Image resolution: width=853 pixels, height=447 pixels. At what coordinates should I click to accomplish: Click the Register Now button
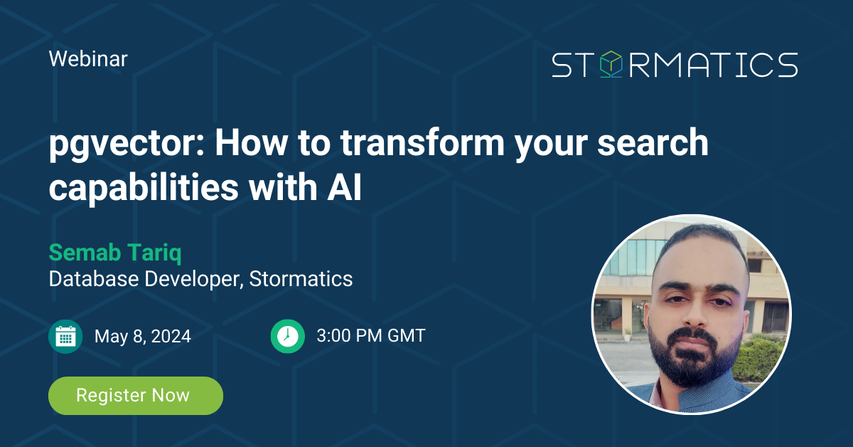(135, 396)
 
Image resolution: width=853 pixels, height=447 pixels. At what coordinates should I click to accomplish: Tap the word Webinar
(88, 58)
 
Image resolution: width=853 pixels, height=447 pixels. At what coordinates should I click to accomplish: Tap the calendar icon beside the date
(65, 336)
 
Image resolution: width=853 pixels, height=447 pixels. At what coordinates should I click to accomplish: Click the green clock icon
(287, 336)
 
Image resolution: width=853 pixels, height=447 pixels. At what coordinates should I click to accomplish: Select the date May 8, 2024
(142, 336)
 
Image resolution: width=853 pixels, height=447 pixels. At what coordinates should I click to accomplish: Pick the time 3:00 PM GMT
(370, 336)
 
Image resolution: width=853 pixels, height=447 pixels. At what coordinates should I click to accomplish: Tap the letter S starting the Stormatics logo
(562, 65)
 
